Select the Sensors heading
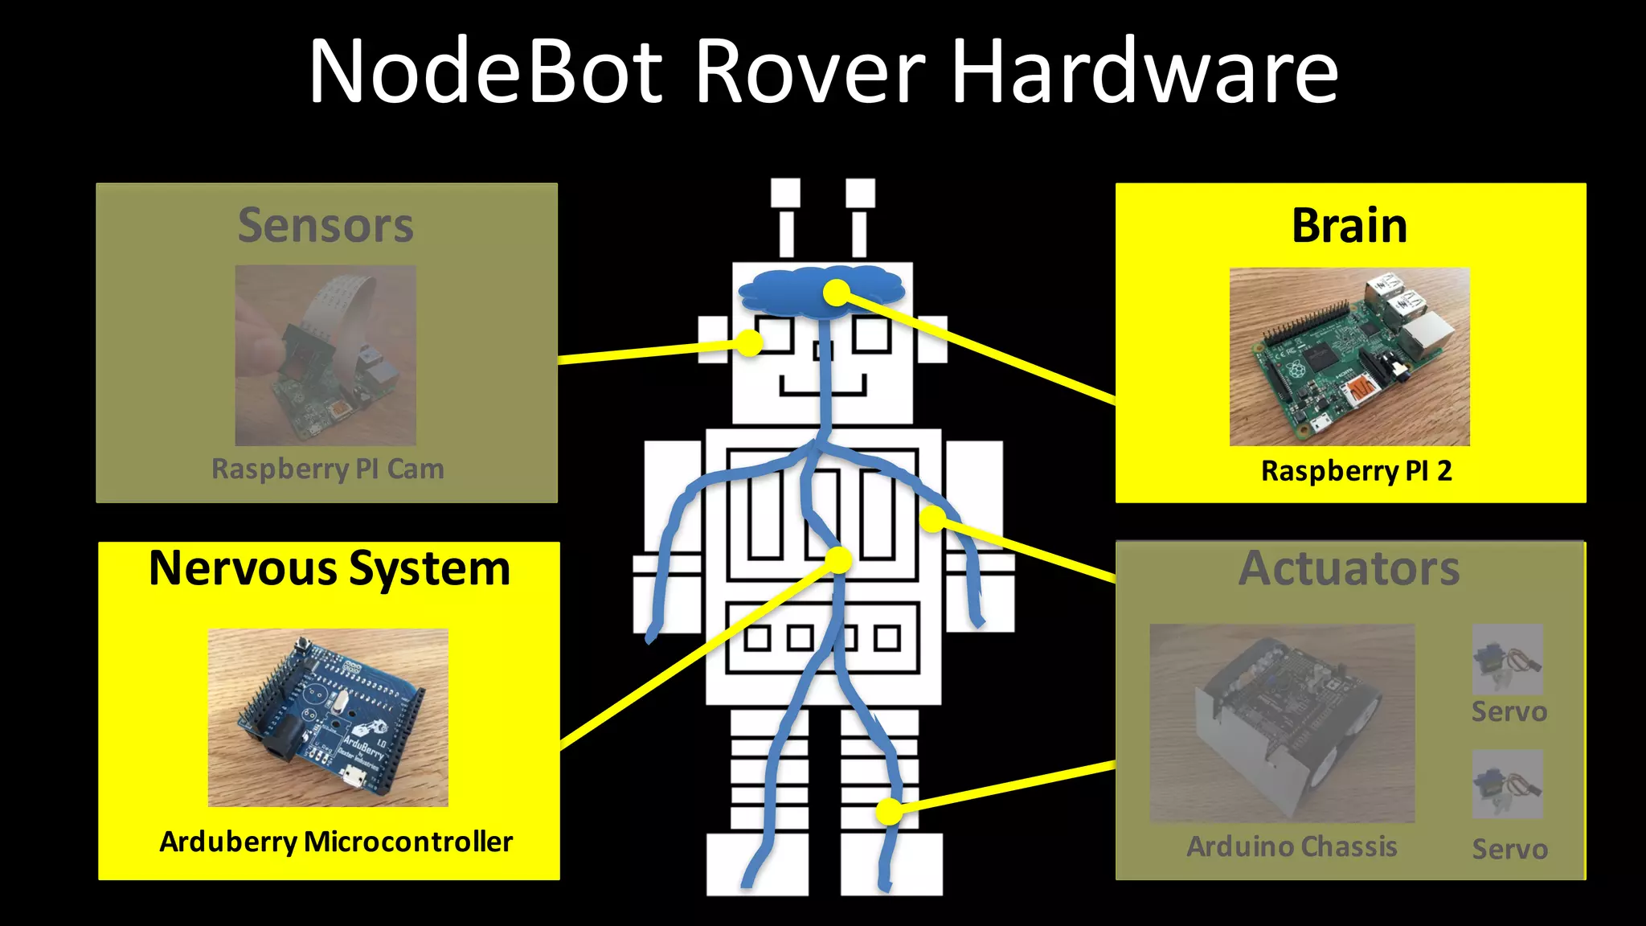coord(326,225)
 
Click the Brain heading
coord(1349,225)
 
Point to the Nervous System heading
coord(330,568)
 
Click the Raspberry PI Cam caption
coord(327,469)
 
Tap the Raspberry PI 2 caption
coord(1356,470)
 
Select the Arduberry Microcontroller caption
coord(336,842)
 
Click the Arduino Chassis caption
coord(1292,846)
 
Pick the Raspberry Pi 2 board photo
coord(1349,357)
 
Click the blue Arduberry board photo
coord(328,717)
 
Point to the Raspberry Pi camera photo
coord(326,355)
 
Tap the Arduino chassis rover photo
coord(1282,723)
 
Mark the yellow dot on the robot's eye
coord(749,343)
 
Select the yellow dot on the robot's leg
coord(889,811)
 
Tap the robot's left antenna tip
coord(785,193)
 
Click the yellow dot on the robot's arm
coord(932,518)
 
